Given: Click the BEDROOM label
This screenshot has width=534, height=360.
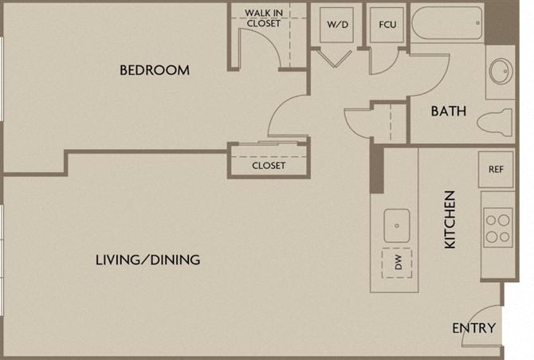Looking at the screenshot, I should pyautogui.click(x=155, y=70).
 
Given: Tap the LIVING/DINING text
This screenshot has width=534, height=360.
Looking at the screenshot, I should pyautogui.click(x=147, y=260).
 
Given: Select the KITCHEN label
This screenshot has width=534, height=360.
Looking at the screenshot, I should pyautogui.click(x=450, y=220).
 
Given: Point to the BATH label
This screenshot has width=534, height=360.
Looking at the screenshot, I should pyautogui.click(x=449, y=112).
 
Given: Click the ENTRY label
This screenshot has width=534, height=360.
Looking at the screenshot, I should pyautogui.click(x=473, y=328).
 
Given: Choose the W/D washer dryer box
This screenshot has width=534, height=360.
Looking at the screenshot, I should pyautogui.click(x=336, y=25).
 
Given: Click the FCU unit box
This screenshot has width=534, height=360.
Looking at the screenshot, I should pyautogui.click(x=388, y=25).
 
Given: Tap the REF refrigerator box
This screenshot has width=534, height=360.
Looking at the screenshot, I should pyautogui.click(x=495, y=170).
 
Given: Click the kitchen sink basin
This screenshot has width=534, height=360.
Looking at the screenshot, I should pyautogui.click(x=396, y=225).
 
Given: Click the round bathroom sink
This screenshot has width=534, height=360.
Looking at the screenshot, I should pyautogui.click(x=501, y=71).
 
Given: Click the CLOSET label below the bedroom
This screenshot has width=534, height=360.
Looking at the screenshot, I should pyautogui.click(x=269, y=166).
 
